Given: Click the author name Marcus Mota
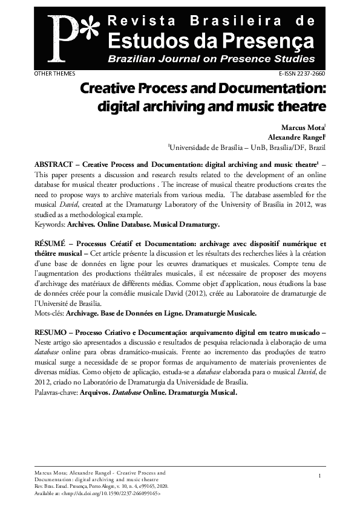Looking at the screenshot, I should coord(303,128).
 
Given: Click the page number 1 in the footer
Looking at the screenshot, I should coord(318,478).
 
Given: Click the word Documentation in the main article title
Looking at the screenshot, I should coord(269,89).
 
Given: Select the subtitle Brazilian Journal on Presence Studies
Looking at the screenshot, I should coord(211,59).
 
